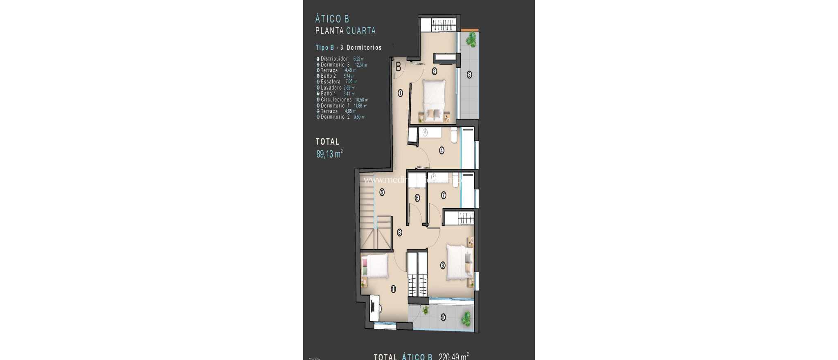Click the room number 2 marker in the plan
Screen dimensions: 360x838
click(x=434, y=71)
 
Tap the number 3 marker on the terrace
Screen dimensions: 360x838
click(x=469, y=74)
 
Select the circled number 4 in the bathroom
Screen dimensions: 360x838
click(x=442, y=150)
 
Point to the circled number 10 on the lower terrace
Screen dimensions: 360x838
click(x=443, y=317)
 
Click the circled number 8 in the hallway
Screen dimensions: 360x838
click(x=399, y=232)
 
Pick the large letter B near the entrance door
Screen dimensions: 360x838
click(x=398, y=67)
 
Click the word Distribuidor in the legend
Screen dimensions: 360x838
click(x=334, y=59)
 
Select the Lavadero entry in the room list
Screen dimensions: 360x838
click(x=331, y=88)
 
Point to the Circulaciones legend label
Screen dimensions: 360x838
click(x=336, y=100)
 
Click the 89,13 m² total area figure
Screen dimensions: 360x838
click(x=329, y=154)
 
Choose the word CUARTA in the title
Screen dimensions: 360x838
click(x=361, y=31)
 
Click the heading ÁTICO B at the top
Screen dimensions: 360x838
click(x=332, y=19)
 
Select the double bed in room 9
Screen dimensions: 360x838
click(x=458, y=262)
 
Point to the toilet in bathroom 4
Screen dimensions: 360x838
click(x=453, y=136)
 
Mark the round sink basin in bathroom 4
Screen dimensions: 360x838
click(x=425, y=132)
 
